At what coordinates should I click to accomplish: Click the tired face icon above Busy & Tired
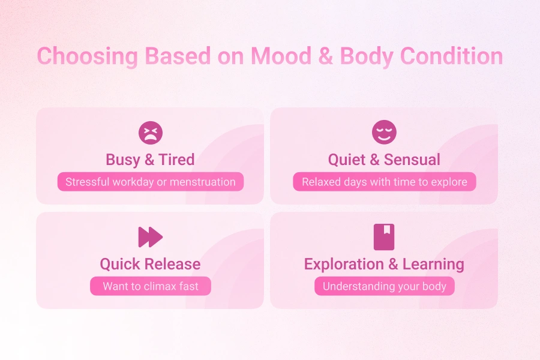150,133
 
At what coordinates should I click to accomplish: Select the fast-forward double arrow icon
150,237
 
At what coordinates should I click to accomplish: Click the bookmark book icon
384,237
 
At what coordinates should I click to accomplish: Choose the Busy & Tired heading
150,160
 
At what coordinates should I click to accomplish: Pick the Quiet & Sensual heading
384,160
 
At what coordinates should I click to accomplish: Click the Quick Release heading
150,264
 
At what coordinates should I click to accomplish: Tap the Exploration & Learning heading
384,264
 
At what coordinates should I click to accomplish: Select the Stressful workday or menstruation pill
150,182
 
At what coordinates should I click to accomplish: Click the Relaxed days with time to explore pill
384,182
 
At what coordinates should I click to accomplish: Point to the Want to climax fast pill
150,286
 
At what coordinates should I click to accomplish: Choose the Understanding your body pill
384,286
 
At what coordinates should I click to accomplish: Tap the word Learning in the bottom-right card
433,264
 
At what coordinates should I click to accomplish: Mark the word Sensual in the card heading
412,160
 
